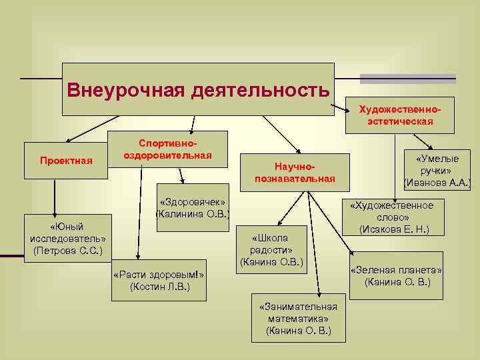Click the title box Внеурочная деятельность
point(198,89)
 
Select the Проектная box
point(65,161)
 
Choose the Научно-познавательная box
point(295,172)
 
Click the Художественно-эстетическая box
point(399,115)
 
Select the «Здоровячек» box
point(192,207)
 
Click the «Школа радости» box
point(272,249)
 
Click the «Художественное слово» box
point(393,217)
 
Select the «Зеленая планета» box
point(397,275)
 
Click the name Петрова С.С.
point(67,251)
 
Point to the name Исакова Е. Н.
point(393,229)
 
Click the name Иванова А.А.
point(437,182)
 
